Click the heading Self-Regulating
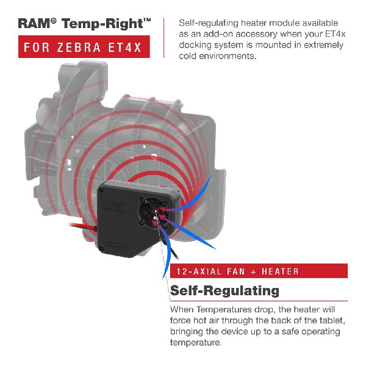tap(224, 290)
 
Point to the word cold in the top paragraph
tap(191, 56)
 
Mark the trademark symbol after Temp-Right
tap(147, 20)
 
